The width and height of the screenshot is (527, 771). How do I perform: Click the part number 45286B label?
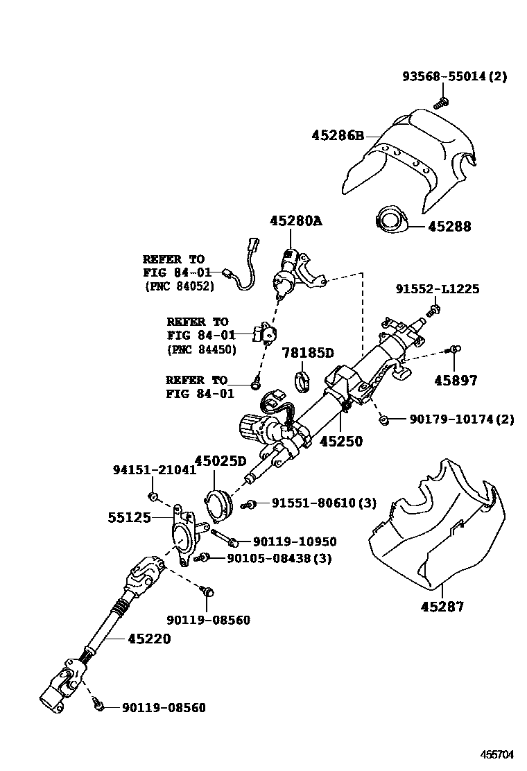[338, 136]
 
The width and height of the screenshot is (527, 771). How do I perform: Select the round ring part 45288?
[390, 221]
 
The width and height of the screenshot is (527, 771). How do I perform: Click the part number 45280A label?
[296, 221]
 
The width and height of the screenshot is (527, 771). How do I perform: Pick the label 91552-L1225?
[437, 289]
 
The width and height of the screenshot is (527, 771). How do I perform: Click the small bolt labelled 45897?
[455, 348]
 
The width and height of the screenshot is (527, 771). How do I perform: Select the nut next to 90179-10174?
[383, 419]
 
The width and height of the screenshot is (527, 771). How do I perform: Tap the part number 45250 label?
[340, 442]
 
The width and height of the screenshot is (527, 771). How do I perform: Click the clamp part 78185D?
[302, 380]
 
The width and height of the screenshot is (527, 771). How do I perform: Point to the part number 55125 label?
[129, 517]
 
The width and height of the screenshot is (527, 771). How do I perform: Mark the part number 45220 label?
[148, 639]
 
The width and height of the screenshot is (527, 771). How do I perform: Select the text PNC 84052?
[180, 286]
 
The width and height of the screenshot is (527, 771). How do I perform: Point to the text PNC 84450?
[202, 349]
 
